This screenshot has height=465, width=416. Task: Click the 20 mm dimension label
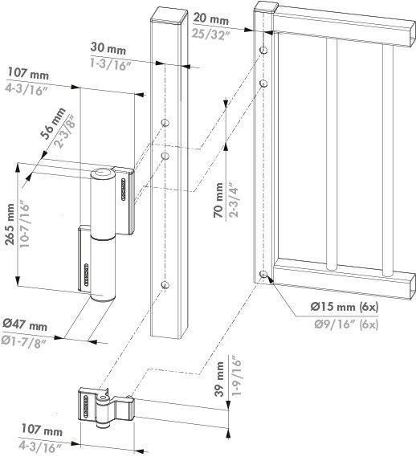pyautogui.click(x=211, y=19)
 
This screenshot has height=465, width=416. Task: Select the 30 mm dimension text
pyautogui.click(x=108, y=48)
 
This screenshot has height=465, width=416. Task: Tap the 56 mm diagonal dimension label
pyautogui.click(x=53, y=123)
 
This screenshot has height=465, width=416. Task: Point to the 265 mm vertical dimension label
pyautogui.click(x=10, y=224)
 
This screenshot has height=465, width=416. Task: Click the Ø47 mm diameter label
pyautogui.click(x=25, y=324)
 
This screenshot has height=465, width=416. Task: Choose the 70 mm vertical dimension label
pyautogui.click(x=218, y=200)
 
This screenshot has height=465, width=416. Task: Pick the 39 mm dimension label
pyautogui.click(x=219, y=379)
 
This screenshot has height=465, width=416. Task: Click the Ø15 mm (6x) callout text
pyautogui.click(x=345, y=306)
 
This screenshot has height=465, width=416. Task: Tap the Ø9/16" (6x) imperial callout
pyautogui.click(x=346, y=324)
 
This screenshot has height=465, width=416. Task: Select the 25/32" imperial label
pyautogui.click(x=211, y=34)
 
